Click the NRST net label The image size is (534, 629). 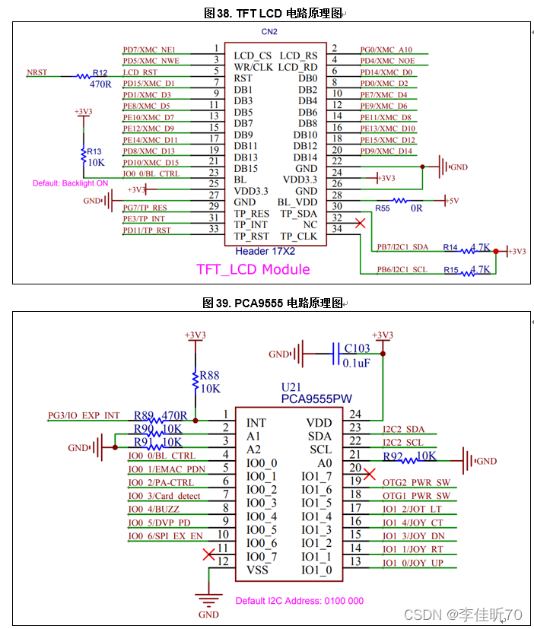(37, 73)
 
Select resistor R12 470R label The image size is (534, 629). (100, 79)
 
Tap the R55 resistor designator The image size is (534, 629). (382, 208)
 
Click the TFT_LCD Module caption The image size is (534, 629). (253, 269)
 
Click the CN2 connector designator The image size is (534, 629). (269, 32)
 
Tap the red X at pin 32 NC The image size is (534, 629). (361, 224)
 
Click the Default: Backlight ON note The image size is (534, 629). (71, 183)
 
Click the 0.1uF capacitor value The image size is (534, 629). (357, 363)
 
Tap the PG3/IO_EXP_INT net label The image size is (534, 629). (84, 415)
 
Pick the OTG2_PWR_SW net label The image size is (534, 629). (416, 483)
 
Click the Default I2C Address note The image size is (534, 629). (299, 601)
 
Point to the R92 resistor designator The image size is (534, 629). (394, 456)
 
